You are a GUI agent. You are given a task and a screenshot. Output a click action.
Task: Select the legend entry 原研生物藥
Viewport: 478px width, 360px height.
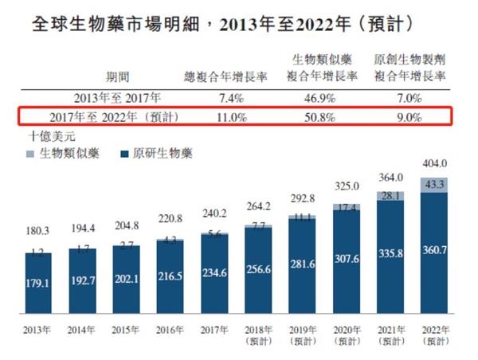[x=160, y=154]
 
